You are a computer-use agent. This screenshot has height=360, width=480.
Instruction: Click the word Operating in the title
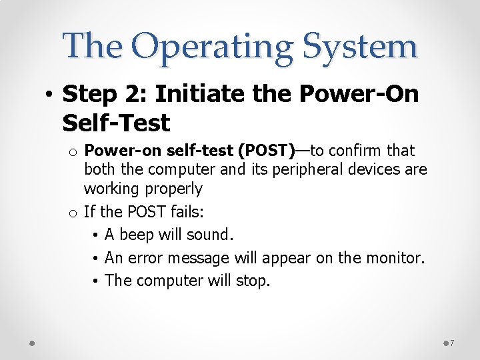pos(212,49)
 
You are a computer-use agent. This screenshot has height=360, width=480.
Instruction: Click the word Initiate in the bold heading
pos(199,93)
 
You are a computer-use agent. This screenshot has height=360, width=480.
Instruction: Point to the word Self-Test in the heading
pos(116,123)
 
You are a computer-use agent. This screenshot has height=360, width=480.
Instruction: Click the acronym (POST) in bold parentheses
pos(266,151)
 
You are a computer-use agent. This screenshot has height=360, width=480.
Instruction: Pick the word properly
pos(173,189)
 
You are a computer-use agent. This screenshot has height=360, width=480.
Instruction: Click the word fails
pos(187,211)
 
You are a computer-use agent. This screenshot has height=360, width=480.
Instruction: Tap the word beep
pos(137,235)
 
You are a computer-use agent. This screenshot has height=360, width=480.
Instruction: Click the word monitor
pos(395,257)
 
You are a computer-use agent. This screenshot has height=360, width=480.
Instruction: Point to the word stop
pos(253,281)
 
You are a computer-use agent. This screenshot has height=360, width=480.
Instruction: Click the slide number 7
pos(452,343)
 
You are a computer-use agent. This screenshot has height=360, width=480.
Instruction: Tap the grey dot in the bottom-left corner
pos(32,343)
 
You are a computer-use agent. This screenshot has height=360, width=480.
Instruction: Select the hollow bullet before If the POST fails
pos(73,213)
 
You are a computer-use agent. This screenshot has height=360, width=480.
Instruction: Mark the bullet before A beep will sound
pos(95,235)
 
